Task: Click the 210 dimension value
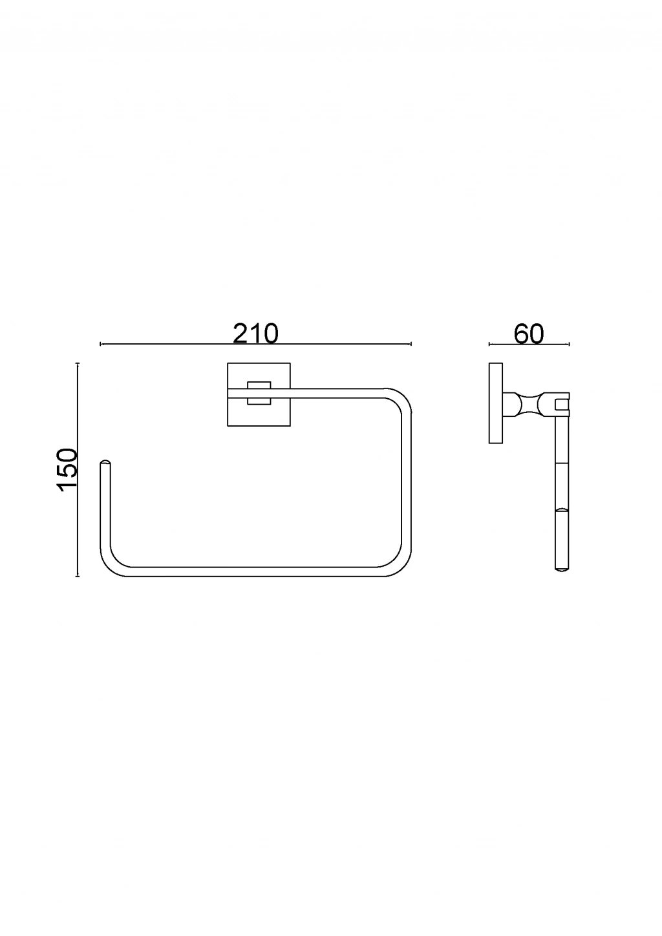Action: tap(255, 334)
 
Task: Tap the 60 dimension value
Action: tap(529, 334)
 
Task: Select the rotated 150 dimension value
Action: tap(67, 470)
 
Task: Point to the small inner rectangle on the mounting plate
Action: tap(259, 393)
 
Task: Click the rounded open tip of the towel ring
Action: tap(105, 463)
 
